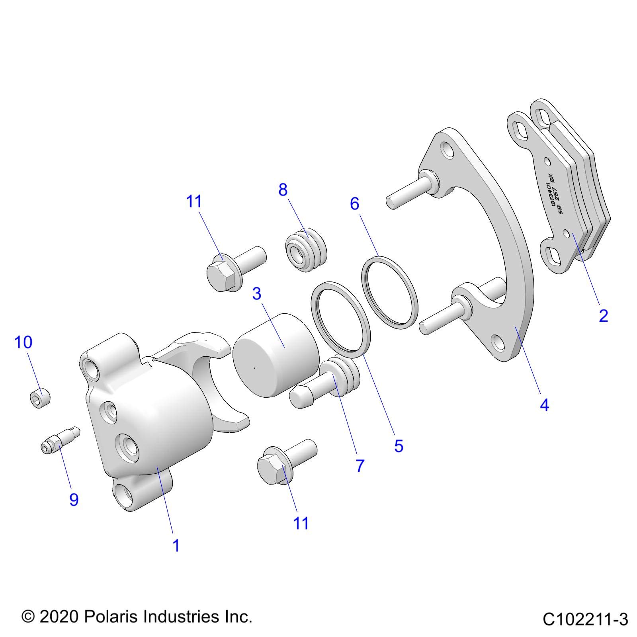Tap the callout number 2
[603, 316]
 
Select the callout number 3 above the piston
[257, 294]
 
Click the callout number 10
[23, 342]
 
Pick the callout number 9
[74, 500]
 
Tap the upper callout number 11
[194, 202]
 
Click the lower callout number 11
[301, 523]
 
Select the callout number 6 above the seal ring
[354, 203]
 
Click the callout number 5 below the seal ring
[399, 446]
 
